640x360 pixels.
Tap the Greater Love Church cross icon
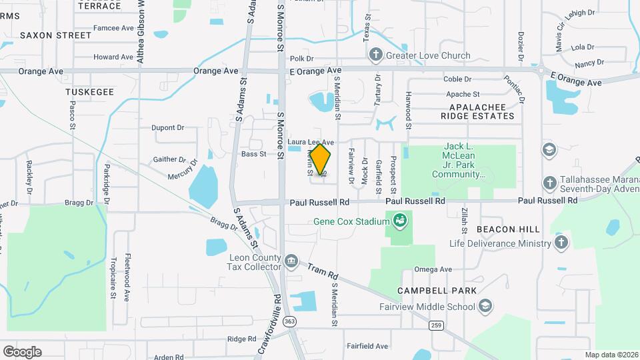pos(376,55)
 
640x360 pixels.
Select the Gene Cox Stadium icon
pos(400,220)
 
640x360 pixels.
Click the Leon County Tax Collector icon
pos(291,260)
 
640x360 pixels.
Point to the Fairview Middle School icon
pos(486,306)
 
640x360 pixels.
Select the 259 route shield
pos(436,325)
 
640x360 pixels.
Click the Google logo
pos(22,351)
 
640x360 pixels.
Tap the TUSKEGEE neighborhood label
pos(90,91)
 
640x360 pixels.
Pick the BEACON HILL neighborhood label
pos(508,229)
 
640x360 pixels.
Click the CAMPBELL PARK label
pos(437,291)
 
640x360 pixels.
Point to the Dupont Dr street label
pos(167,127)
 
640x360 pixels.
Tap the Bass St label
pos(253,154)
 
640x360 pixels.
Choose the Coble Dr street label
pos(457,79)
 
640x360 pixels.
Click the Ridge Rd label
pos(237,339)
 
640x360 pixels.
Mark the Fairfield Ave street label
pos(367,346)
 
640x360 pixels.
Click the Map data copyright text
pos(611,355)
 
